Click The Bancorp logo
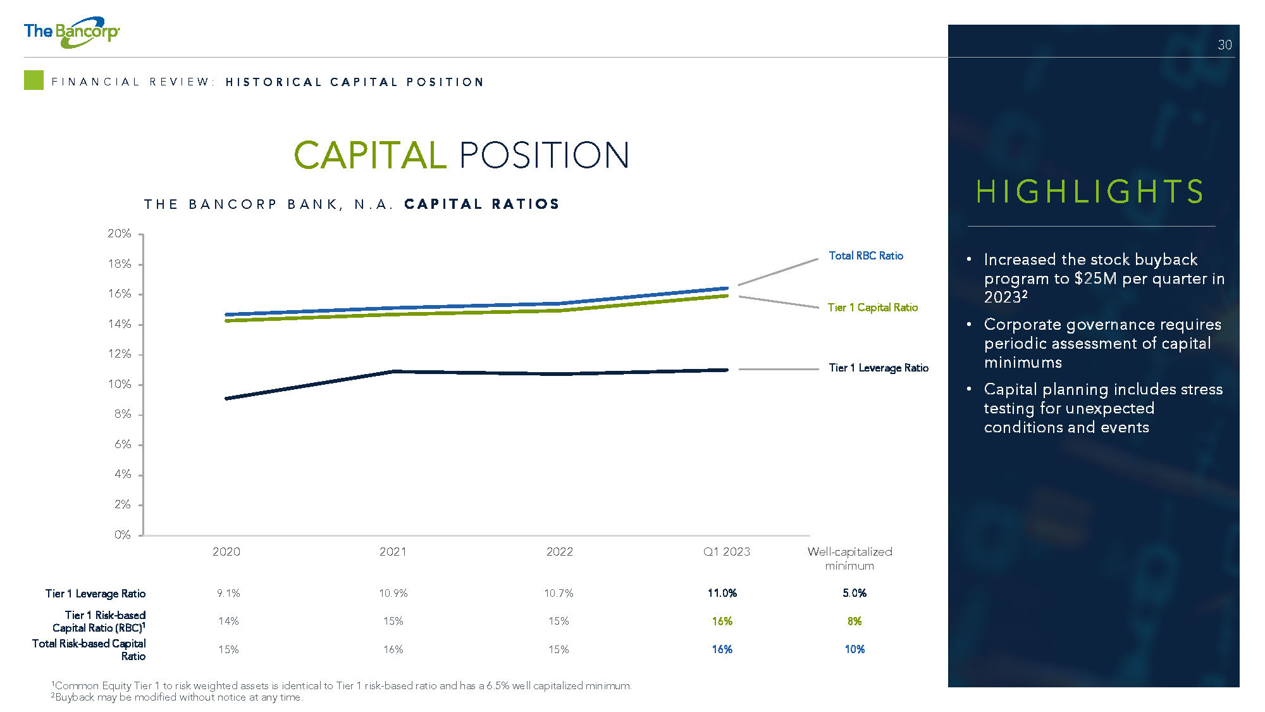(x=71, y=32)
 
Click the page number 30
(x=1225, y=45)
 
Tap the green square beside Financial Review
(x=34, y=80)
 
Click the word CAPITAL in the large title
(x=370, y=155)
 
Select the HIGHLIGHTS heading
(x=1090, y=191)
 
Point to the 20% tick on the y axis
(x=120, y=234)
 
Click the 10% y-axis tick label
(x=120, y=384)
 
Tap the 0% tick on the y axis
(x=122, y=535)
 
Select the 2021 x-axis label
(x=393, y=552)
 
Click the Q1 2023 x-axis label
(x=727, y=552)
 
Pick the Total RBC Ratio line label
(x=866, y=256)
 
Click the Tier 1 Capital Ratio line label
(x=873, y=308)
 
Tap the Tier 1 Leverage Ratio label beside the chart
(x=879, y=368)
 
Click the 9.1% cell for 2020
(x=228, y=593)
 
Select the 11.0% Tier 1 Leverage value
(x=722, y=593)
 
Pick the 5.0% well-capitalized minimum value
(x=855, y=593)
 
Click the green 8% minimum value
(x=855, y=621)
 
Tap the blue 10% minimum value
(x=855, y=649)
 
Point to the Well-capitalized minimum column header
(x=849, y=558)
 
